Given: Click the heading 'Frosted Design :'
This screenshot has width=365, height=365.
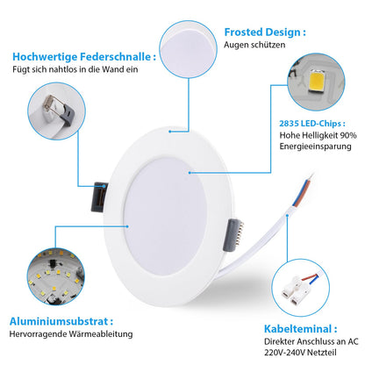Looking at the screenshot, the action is (265, 32).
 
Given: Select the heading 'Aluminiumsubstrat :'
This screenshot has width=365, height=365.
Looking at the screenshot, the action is (61, 321).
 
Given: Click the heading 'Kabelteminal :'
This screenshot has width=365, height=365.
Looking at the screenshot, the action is (301, 329).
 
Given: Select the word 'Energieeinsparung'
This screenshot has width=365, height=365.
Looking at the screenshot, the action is (315, 147).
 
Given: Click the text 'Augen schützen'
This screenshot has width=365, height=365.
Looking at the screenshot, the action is (254, 45).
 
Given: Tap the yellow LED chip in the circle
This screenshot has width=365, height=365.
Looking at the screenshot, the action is (318, 82).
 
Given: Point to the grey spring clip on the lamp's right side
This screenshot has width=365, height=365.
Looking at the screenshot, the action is (233, 235).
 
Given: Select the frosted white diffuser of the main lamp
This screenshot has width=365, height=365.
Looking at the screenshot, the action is (165, 217).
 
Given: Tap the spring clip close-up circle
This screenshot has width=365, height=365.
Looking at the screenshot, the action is (56, 111).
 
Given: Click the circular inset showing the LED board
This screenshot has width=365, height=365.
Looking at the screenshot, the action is (56, 276).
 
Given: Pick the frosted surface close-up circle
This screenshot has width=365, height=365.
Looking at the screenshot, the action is (189, 49).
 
